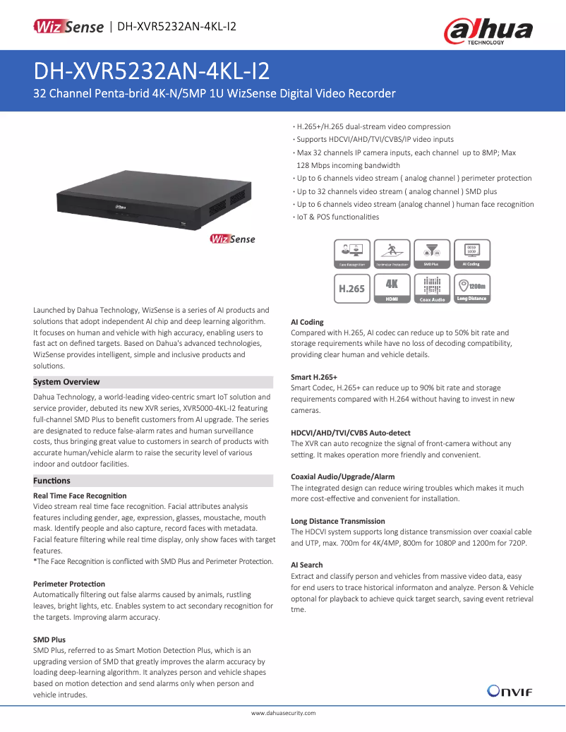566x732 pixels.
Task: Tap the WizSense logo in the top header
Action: pos(68,27)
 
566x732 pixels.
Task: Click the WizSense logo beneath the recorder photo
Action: pos(232,239)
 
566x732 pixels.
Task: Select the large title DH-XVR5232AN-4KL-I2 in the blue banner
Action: pos(152,71)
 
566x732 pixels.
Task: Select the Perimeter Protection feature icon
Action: pos(392,253)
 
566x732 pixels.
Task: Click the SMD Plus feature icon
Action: pos(431,253)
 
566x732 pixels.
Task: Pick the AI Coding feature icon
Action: pos(471,253)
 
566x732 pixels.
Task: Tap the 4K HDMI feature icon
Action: pos(392,289)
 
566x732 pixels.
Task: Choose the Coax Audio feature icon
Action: pos(431,289)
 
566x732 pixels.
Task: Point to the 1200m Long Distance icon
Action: pos(471,289)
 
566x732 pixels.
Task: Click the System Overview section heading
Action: pos(66,382)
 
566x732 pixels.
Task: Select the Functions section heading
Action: pos(52,481)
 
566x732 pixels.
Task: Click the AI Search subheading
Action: pos(307,565)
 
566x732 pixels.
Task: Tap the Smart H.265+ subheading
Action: pos(314,377)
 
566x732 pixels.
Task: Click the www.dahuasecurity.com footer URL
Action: pos(283,714)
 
